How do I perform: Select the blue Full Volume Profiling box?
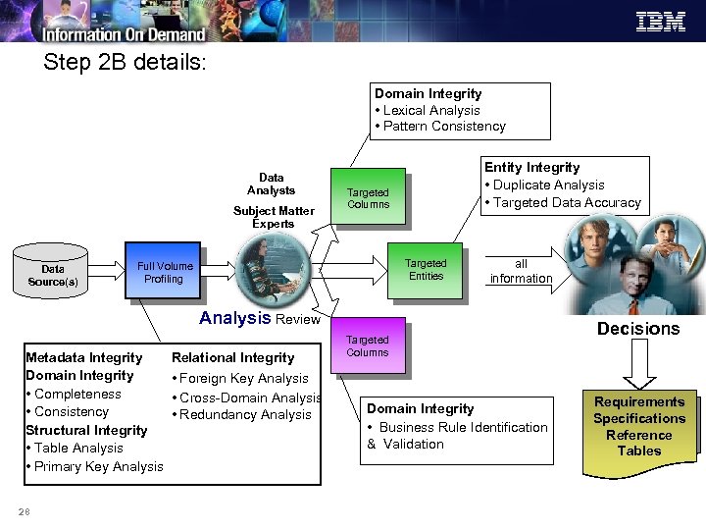coord(164,272)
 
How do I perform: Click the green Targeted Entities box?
coord(425,269)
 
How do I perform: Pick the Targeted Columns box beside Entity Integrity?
coord(368,198)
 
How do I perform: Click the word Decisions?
coord(638,329)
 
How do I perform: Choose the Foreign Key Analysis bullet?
coord(243,378)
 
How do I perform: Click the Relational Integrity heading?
coord(232,357)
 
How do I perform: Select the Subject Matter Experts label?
coord(274,217)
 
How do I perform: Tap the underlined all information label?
coord(521,271)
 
